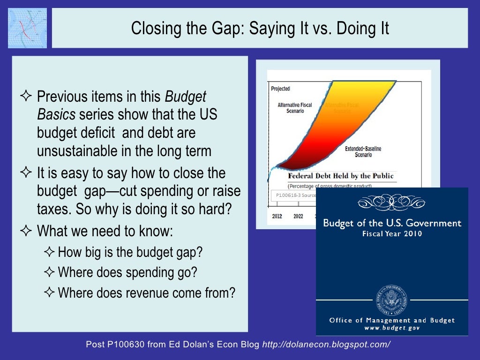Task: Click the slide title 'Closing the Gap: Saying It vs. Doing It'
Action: (260, 28)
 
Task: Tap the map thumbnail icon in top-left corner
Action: (27, 28)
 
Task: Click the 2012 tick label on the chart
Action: (277, 216)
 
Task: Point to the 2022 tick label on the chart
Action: (298, 216)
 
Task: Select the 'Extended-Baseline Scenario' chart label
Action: (363, 151)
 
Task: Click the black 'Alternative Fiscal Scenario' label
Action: (294, 108)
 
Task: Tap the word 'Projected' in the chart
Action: (281, 89)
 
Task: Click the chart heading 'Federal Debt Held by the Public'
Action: (340, 176)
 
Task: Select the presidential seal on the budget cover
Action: (391, 300)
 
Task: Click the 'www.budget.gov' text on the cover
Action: (392, 328)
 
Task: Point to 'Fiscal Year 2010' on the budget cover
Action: (392, 233)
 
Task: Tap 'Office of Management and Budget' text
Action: (392, 320)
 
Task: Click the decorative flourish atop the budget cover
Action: (391, 202)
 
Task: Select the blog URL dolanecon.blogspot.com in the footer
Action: (326, 345)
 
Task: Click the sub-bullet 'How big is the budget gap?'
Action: (130, 252)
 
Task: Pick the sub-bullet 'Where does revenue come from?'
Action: (146, 293)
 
